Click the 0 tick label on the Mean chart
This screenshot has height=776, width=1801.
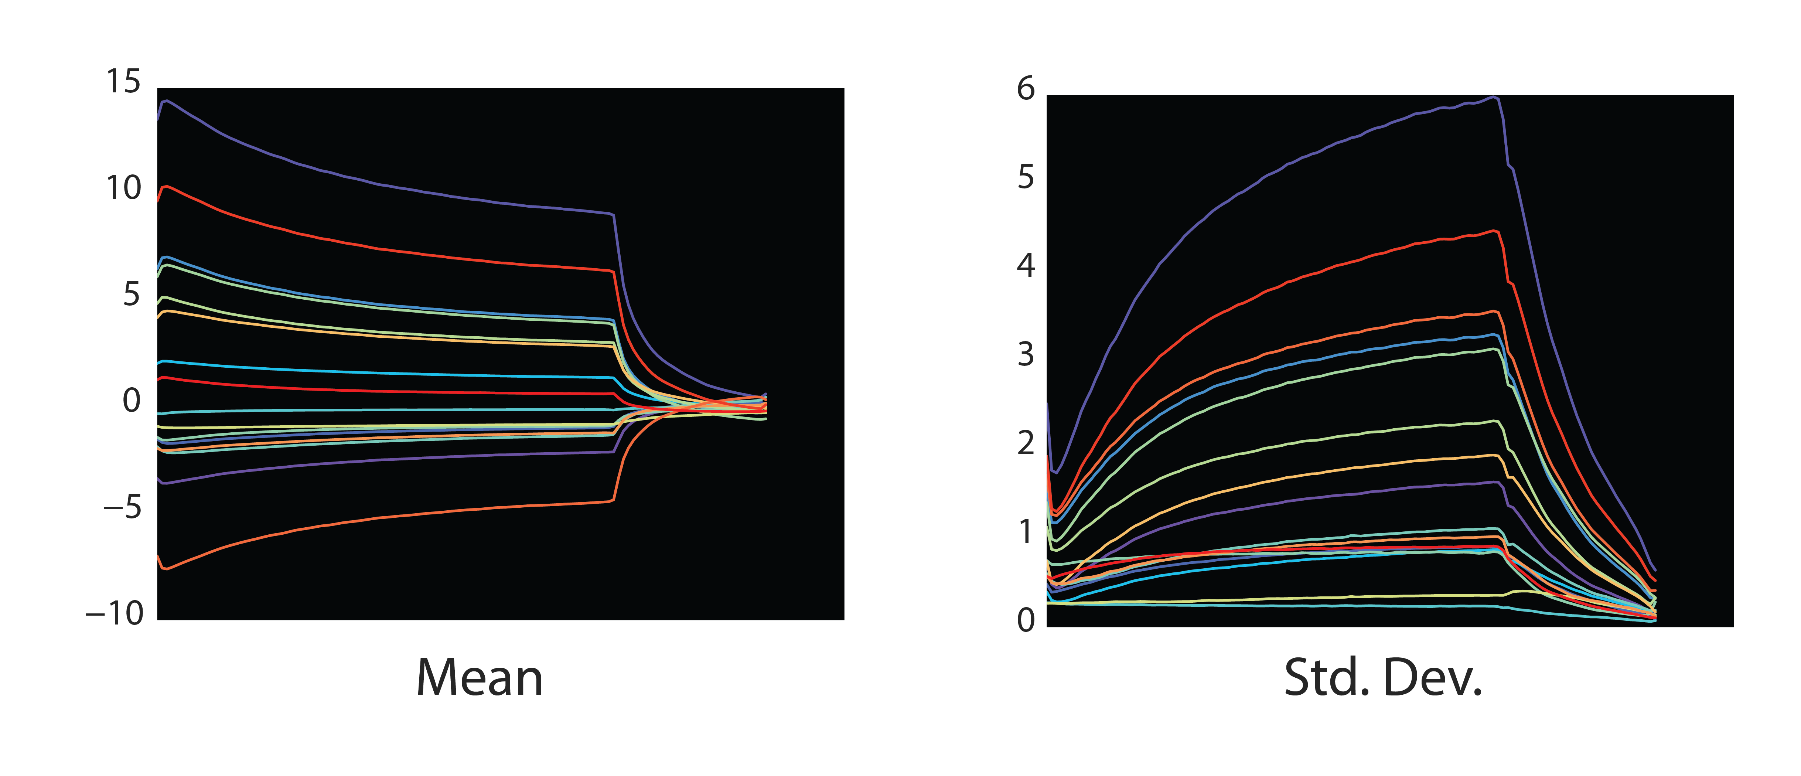click(x=132, y=401)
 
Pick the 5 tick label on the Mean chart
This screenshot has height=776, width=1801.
click(x=132, y=295)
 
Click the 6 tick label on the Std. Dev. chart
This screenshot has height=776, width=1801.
click(x=1026, y=89)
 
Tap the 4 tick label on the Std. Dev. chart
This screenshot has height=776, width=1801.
click(x=1026, y=266)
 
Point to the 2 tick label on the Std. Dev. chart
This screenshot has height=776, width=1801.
click(x=1026, y=443)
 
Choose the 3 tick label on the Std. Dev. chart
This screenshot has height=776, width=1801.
click(x=1026, y=355)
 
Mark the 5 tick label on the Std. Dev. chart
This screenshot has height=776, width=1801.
click(x=1026, y=178)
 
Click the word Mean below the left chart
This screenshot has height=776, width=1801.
click(x=480, y=678)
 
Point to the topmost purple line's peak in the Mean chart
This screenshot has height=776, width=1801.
click(x=166, y=101)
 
